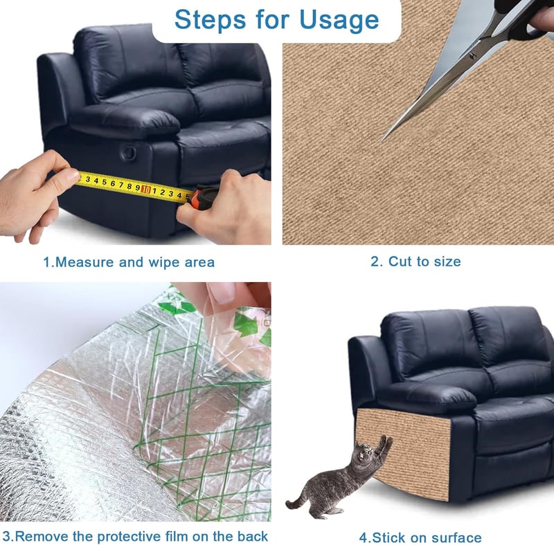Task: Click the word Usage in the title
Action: coord(339,20)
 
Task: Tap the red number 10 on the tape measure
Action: coord(146,190)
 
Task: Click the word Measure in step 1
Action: coord(84,262)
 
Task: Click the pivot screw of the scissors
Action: coord(473,55)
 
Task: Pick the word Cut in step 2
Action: coord(400,261)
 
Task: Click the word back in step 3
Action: coord(253,536)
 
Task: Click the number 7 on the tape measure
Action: coord(120,185)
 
